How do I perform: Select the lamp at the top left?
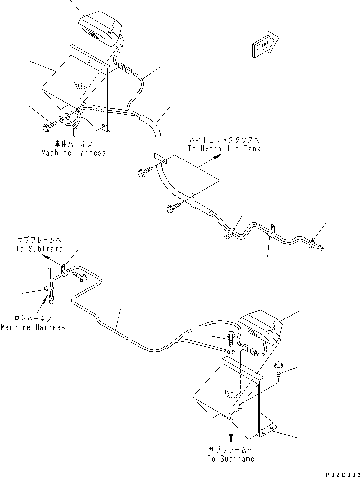[99, 27]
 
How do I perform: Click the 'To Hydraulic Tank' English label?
[225, 149]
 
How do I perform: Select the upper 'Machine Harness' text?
[73, 153]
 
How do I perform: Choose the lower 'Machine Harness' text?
[33, 327]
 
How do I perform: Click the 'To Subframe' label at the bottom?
[231, 459]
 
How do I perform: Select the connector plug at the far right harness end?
[318, 245]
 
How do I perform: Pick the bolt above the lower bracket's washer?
[231, 338]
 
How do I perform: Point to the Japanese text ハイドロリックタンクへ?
[224, 140]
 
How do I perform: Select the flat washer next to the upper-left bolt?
[61, 120]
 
